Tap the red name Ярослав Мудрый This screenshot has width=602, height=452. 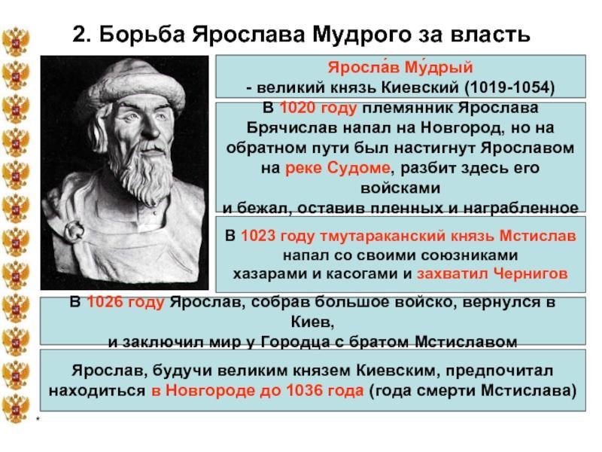[x=400, y=67]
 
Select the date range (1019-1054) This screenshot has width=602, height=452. [x=509, y=87]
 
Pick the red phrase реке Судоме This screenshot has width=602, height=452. [x=337, y=168]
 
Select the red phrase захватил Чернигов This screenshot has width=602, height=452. [x=492, y=273]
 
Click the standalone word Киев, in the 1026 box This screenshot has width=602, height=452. [x=312, y=322]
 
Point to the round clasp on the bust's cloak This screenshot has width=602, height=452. [x=74, y=231]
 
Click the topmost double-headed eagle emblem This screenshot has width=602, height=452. [x=16, y=41]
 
